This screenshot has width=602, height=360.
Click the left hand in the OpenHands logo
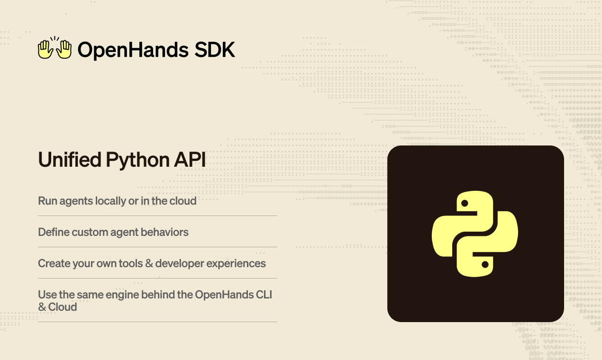click(45, 49)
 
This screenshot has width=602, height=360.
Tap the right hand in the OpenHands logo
click(64, 49)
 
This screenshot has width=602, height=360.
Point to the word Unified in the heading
click(70, 160)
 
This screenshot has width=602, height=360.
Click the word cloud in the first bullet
click(183, 201)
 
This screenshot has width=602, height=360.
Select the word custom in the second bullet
click(91, 232)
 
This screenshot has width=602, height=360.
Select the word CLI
click(264, 295)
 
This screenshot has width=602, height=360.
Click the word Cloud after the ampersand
click(63, 307)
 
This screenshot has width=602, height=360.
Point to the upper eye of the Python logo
click(465, 203)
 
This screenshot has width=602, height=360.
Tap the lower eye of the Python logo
click(485, 264)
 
